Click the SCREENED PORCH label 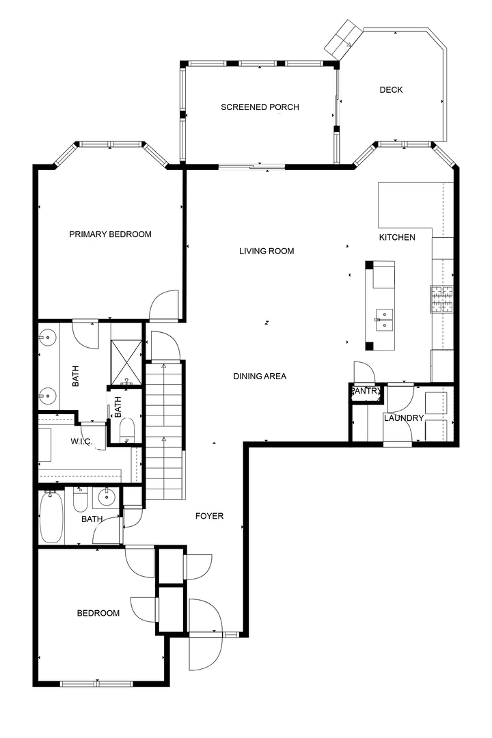pos(260,107)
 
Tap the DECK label pos(392,90)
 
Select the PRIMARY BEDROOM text pos(110,234)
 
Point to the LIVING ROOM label pos(266,251)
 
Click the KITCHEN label pos(397,237)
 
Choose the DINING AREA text pos(260,376)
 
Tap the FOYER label pos(210,517)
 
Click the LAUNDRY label pos(404,418)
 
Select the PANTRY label pos(366,391)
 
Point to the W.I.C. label pos(81,441)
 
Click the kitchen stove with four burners pos(441,299)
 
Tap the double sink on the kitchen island pos(384,320)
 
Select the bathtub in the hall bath pos(51,517)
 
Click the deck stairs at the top pos(343,37)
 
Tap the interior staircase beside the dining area pos(164,430)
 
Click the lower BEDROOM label pos(98,613)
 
